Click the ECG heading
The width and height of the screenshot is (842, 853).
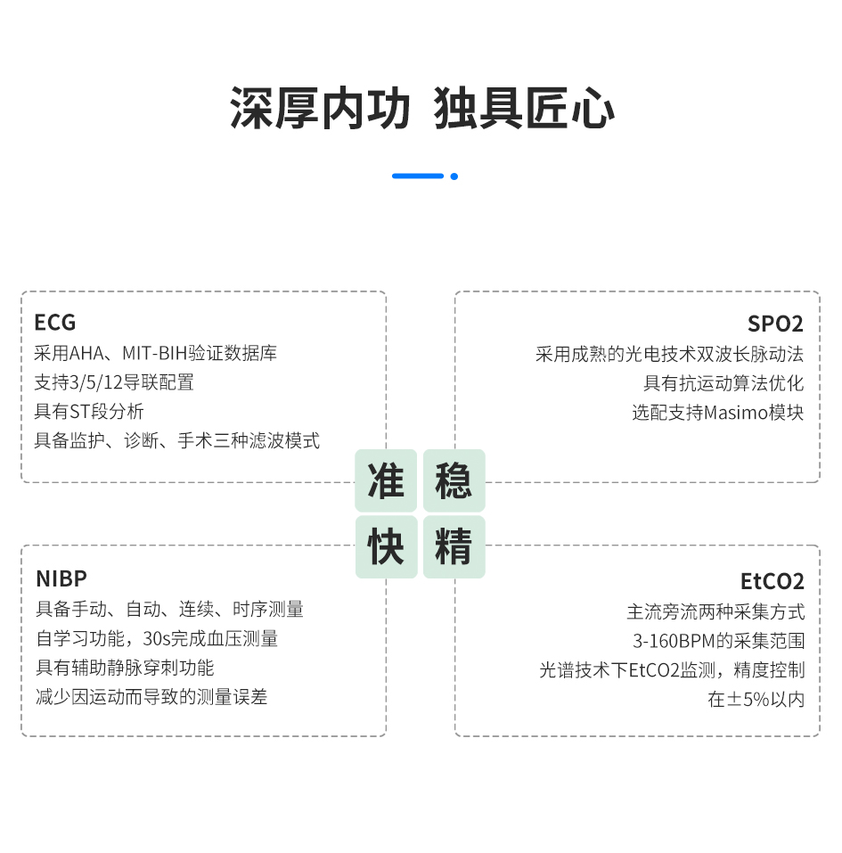(x=55, y=322)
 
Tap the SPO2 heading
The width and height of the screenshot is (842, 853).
(x=775, y=324)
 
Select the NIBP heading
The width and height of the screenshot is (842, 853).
(x=61, y=578)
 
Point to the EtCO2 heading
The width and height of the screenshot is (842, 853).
(x=772, y=582)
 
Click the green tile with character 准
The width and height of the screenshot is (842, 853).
(x=386, y=480)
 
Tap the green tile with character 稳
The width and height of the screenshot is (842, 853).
(x=454, y=480)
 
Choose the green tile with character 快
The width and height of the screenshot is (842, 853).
(x=386, y=547)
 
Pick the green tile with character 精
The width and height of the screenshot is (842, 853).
(x=454, y=547)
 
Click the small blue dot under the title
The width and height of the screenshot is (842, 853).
(x=454, y=176)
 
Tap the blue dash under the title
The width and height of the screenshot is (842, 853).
(x=417, y=176)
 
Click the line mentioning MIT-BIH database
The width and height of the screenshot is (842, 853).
(x=155, y=353)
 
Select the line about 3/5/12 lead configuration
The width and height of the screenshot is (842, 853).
(x=114, y=382)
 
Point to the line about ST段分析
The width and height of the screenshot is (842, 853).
(x=89, y=411)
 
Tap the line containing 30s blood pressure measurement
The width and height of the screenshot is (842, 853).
(x=157, y=638)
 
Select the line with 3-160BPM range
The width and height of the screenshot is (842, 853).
(x=718, y=641)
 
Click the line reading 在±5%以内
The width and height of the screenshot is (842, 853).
(x=756, y=699)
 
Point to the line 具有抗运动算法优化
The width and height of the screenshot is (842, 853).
(x=723, y=383)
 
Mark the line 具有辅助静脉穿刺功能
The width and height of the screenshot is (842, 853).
(x=125, y=668)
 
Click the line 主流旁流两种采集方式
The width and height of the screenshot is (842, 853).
(x=715, y=611)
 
